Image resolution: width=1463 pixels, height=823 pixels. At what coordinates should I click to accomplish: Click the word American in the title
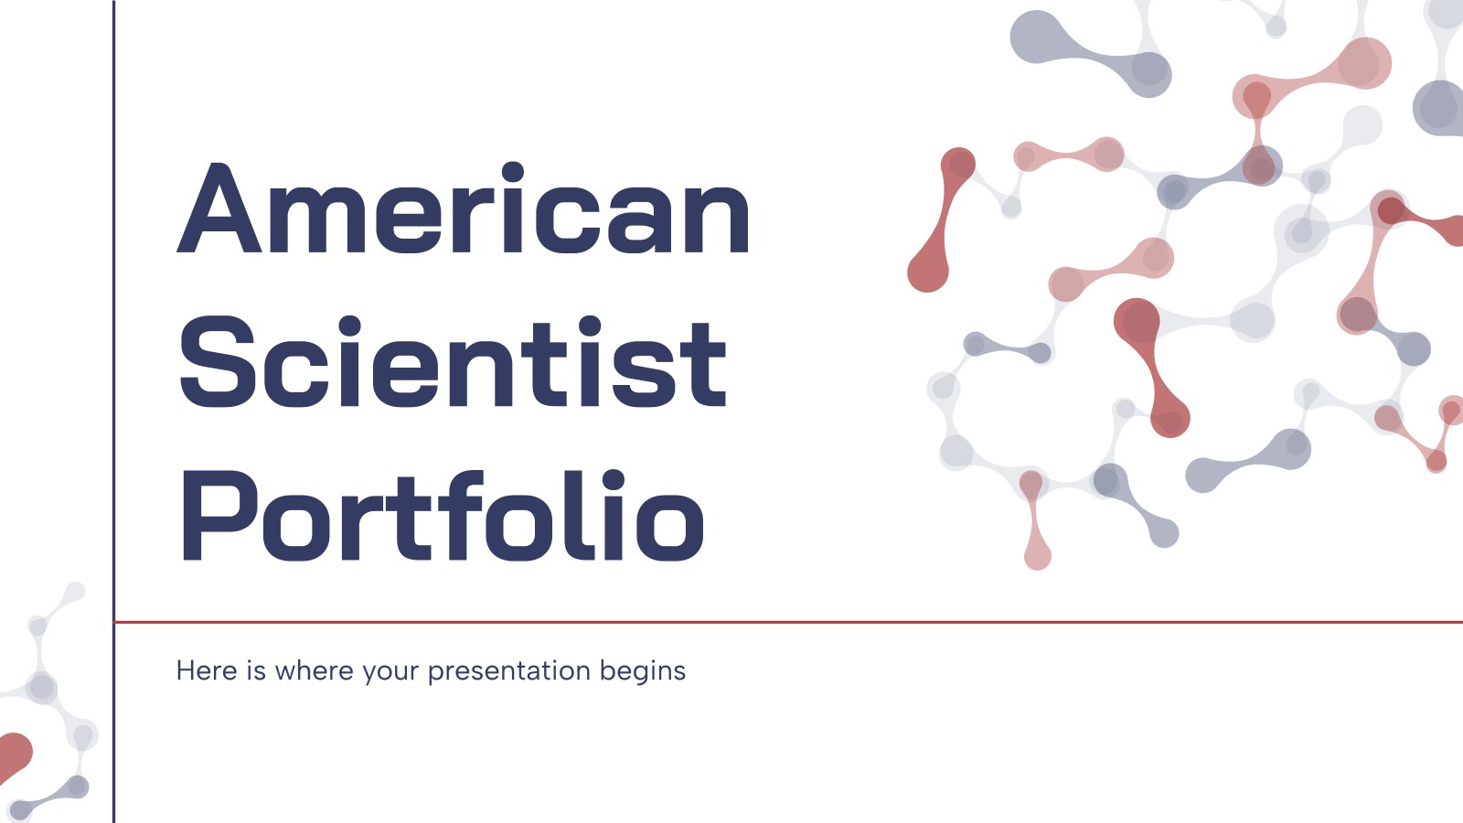point(463,208)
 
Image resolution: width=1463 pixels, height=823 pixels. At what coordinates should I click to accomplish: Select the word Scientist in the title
point(452,362)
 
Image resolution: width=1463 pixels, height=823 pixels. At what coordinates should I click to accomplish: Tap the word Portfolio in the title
point(443,516)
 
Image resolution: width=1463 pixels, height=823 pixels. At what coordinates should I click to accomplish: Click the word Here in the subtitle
point(207,670)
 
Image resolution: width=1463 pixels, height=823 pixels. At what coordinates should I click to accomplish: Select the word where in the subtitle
point(315,670)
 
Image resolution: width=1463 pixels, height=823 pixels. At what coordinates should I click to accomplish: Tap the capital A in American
point(219,208)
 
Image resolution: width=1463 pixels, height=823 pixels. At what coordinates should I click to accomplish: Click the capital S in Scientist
point(217,362)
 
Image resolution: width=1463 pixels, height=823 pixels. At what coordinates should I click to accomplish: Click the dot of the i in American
point(513,172)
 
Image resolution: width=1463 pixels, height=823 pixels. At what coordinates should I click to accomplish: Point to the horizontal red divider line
point(789,623)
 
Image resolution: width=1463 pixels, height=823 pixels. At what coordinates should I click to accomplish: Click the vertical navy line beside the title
point(113,411)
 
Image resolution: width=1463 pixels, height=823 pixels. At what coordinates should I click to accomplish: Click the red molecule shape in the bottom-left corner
point(15,758)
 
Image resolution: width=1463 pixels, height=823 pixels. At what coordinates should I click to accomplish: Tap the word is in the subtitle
point(256,670)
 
